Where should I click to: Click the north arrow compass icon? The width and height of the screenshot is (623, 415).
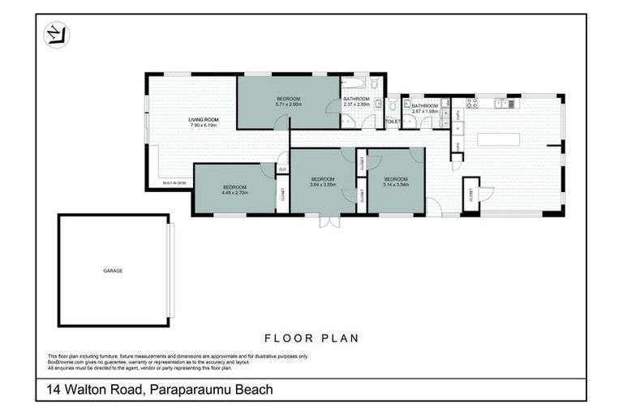(x=56, y=35)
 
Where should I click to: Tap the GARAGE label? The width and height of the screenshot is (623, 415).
(x=113, y=270)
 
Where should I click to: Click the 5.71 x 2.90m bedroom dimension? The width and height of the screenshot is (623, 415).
(x=289, y=105)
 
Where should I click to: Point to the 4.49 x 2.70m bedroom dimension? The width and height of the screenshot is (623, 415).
(x=234, y=194)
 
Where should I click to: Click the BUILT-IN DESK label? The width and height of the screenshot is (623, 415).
(x=174, y=184)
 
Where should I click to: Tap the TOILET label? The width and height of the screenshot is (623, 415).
(x=393, y=122)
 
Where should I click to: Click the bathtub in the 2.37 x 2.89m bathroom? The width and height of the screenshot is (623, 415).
(x=355, y=83)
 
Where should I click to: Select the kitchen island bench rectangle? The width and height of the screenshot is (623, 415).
(x=498, y=139)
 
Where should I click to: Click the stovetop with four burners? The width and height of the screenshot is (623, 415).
(x=471, y=103)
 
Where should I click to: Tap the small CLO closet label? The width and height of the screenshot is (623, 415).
(x=282, y=169)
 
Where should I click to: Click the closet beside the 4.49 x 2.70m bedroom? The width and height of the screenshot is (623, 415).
(x=282, y=194)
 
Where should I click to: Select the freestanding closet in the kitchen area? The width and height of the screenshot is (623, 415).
(x=470, y=195)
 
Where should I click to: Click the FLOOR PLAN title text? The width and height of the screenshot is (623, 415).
(x=311, y=338)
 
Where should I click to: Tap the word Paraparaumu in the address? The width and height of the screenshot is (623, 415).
(x=189, y=390)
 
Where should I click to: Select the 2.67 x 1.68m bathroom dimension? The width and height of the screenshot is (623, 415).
(x=424, y=112)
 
